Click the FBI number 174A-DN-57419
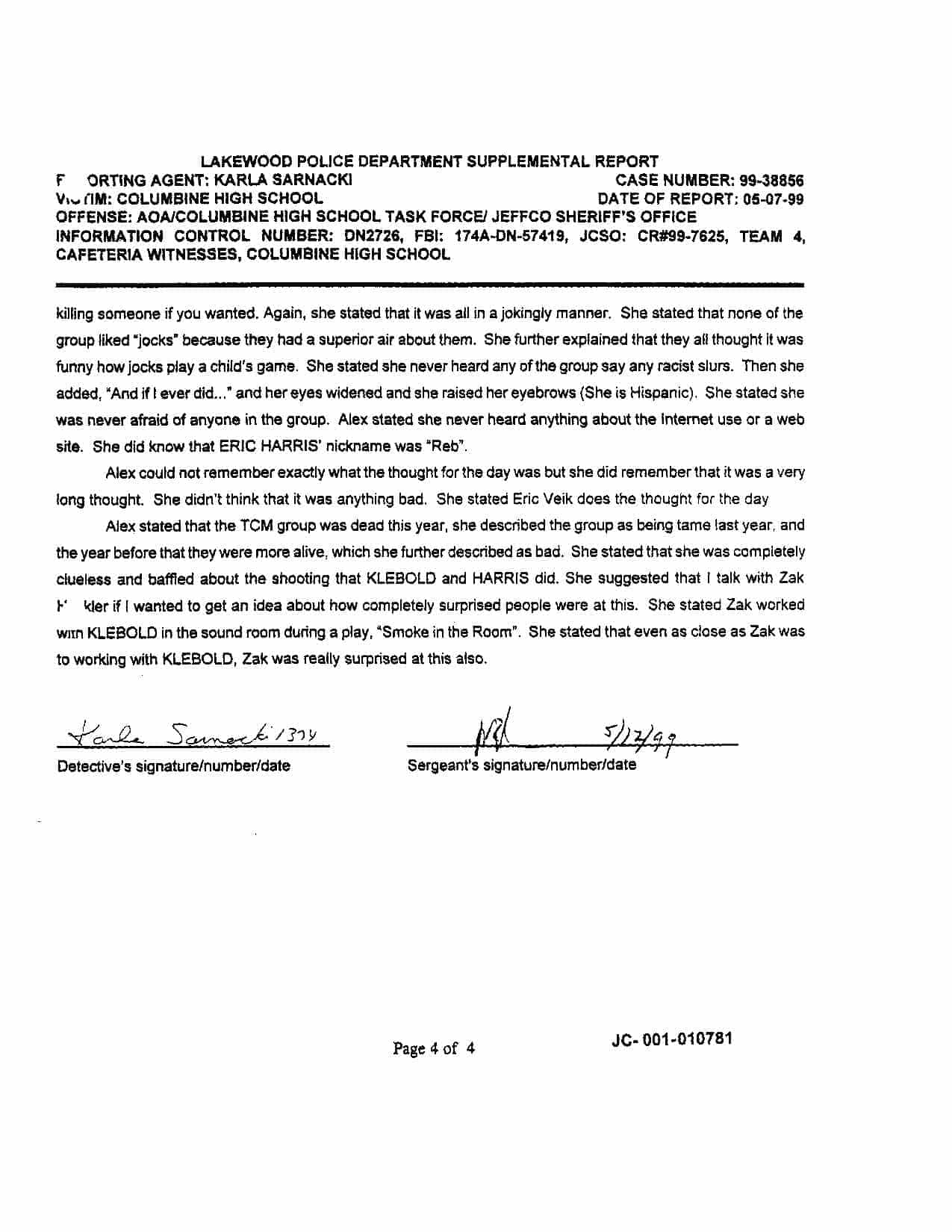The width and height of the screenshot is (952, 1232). [507, 236]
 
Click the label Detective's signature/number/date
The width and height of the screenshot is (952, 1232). [174, 766]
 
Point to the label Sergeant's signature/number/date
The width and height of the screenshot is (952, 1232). [522, 765]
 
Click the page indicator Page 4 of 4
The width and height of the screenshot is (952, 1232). [434, 1048]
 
